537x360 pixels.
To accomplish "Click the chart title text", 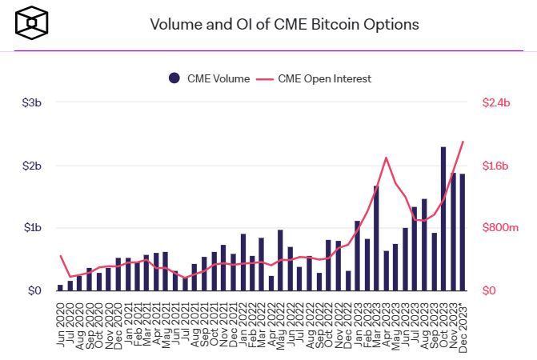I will click(x=284, y=24).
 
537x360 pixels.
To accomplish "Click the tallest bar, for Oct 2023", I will click(x=443, y=218).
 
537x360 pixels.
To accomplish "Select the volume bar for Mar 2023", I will click(x=376, y=238).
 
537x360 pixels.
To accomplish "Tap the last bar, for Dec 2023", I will click(x=463, y=232).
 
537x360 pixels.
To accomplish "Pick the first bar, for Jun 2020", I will click(x=60, y=287).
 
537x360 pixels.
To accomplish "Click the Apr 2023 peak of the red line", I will click(x=387, y=158).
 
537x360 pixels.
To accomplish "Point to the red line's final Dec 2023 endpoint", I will click(x=463, y=142).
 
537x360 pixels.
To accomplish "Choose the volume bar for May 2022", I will click(x=281, y=260).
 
